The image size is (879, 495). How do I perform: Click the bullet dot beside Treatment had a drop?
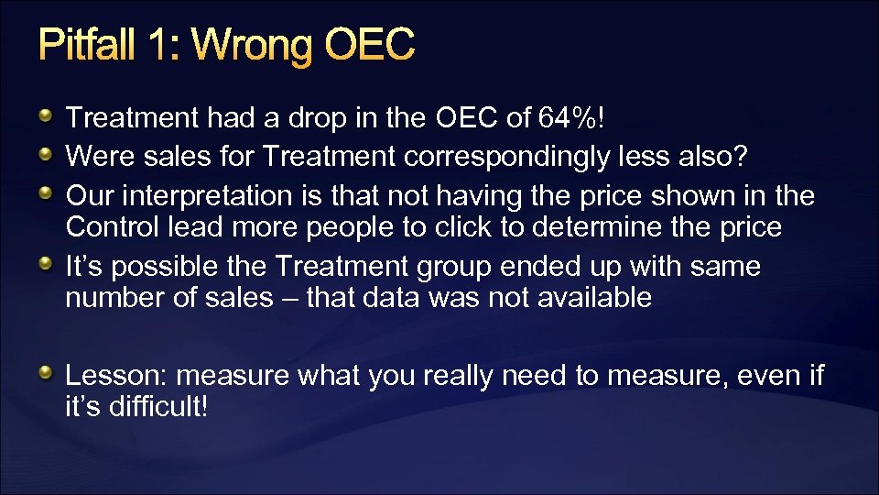pyautogui.click(x=46, y=115)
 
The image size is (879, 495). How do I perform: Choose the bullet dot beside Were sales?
pyautogui.click(x=46, y=155)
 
